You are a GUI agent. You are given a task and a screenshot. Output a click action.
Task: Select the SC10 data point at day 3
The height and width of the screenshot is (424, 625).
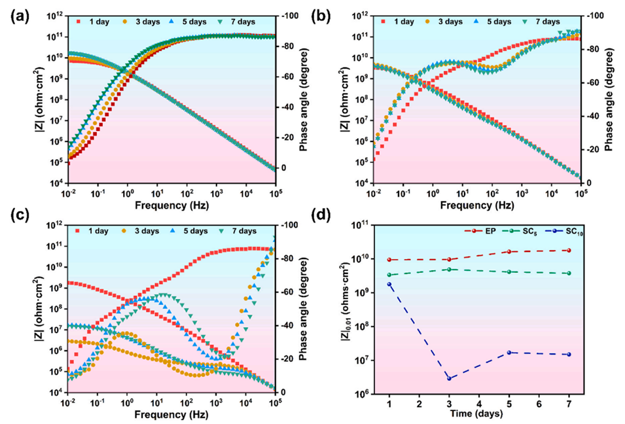449,378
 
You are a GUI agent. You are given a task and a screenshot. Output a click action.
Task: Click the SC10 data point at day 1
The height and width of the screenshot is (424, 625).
389,284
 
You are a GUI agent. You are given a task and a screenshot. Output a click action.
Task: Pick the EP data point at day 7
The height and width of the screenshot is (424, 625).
569,250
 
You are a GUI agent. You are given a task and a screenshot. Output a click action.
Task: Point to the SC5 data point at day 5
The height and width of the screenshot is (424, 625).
509,272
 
